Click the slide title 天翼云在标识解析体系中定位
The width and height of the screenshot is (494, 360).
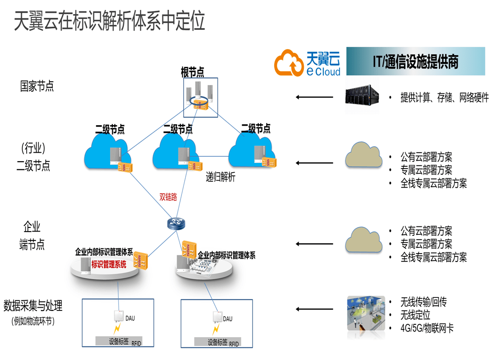coord(110,21)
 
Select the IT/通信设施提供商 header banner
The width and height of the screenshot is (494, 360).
coord(415,61)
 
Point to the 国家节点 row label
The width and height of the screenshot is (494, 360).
coord(37,86)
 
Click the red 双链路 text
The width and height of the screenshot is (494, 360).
coord(168,197)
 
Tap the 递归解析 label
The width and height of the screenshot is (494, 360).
coord(221,177)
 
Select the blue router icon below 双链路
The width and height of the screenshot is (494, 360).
coord(176,223)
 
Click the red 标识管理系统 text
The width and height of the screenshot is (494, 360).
coord(109,264)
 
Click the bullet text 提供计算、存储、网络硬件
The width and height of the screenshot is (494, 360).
coord(444,98)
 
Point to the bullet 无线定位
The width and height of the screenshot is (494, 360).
coord(415,315)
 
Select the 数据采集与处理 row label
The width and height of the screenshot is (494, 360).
coord(33,306)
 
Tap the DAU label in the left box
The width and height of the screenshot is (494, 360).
coord(130,318)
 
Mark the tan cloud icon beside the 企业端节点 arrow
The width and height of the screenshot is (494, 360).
coord(363,241)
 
